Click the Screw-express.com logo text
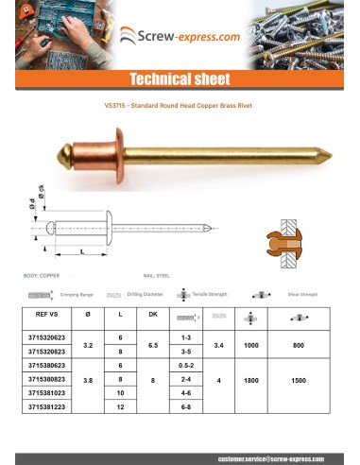(x=188, y=37)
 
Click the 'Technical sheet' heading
(x=179, y=79)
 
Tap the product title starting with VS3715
(x=180, y=107)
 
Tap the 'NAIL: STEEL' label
(x=154, y=274)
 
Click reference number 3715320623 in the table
(x=46, y=337)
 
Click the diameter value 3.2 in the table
(x=88, y=345)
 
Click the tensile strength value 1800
(x=250, y=385)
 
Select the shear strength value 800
(x=299, y=345)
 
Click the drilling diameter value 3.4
(x=219, y=345)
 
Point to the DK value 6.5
(x=153, y=345)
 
